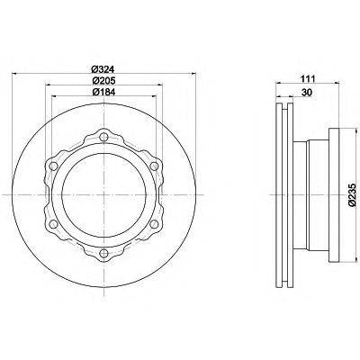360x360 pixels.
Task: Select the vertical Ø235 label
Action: [x=352, y=195]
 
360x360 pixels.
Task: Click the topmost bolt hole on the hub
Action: [x=103, y=137]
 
